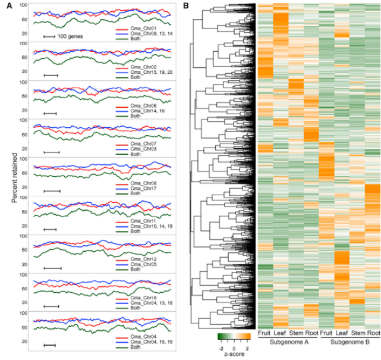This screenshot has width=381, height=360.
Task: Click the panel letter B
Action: click(x=187, y=6)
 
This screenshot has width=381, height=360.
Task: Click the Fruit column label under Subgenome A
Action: click(x=265, y=334)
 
